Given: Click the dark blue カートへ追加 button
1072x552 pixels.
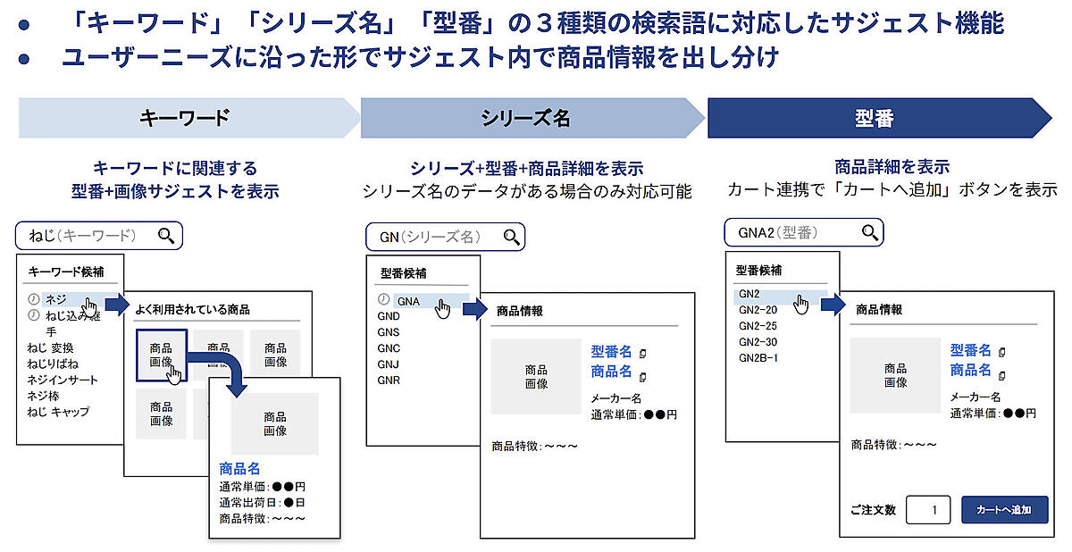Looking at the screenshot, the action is coord(1004,510).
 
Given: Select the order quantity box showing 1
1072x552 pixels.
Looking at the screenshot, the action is coord(928,510).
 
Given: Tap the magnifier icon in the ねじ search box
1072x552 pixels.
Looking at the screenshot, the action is coord(166,235).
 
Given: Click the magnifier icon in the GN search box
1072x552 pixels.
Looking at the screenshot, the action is coord(511,237).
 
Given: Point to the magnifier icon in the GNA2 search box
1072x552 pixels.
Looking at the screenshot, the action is coord(869,233).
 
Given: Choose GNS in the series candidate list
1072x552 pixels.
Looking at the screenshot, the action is coord(388,332).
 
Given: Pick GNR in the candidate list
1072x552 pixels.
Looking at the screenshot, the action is coord(388,381).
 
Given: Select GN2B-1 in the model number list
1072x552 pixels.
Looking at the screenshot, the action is coord(758,358).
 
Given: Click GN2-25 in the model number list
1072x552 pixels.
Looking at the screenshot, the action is coord(758,326).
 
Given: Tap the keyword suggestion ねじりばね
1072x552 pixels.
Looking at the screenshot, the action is coord(53,364).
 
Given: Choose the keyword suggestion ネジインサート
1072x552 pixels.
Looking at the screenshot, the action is coord(63,380).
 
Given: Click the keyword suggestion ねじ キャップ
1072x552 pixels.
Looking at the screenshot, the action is coord(58,412).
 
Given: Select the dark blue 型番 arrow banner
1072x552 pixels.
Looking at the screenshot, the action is coord(880,118).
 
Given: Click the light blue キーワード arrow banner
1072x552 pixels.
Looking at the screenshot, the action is coord(189,118).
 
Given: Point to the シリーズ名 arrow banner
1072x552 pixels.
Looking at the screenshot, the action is coord(532,118).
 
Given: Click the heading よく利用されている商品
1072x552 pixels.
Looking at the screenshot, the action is coord(192,309).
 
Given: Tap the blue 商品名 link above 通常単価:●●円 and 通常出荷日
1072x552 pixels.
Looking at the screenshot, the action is coord(239,468).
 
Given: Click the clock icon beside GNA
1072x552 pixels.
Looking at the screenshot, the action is coord(383,299).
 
